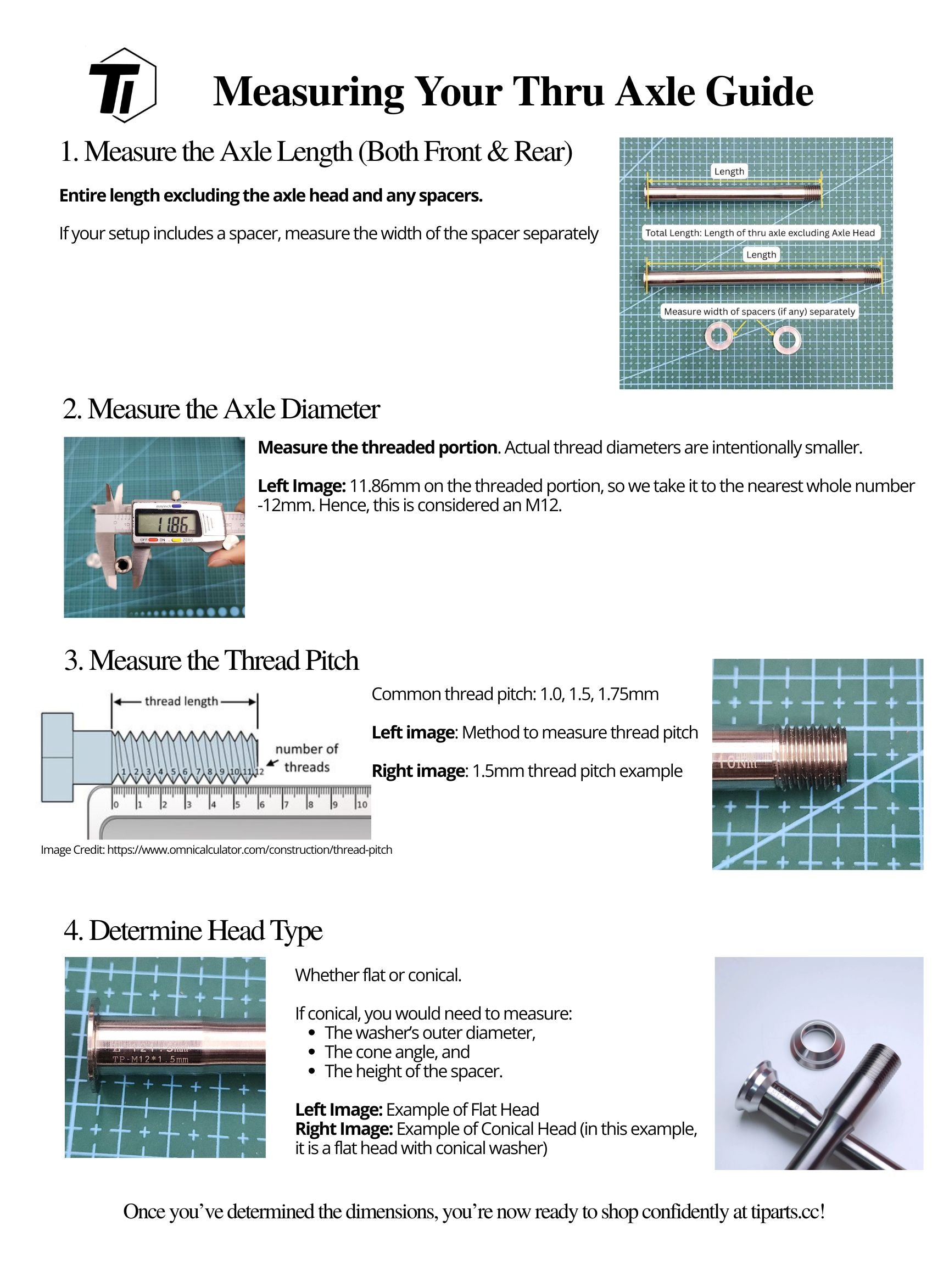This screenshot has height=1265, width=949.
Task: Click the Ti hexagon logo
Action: [122, 85]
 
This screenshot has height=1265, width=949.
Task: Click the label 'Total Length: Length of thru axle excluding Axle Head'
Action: [760, 233]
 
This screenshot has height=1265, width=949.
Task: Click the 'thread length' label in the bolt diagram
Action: [181, 701]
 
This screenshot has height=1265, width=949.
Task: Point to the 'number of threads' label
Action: [306, 758]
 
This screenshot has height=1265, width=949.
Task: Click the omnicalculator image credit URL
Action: [249, 850]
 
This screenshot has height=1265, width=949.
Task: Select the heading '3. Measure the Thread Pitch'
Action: [211, 661]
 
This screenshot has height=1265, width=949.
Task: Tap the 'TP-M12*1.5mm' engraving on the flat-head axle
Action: [150, 1059]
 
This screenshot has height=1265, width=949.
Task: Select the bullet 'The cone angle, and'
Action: [397, 1051]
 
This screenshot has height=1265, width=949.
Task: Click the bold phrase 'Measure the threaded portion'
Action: [377, 447]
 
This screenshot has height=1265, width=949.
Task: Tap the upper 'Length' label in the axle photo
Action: [729, 171]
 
